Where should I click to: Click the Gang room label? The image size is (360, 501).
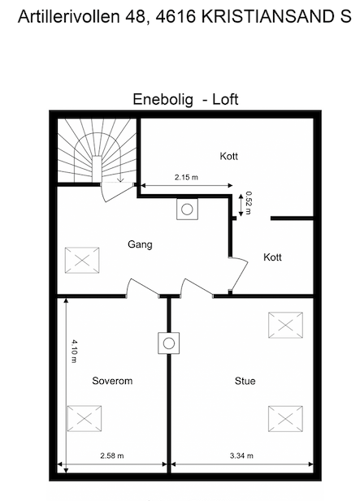click(140, 244)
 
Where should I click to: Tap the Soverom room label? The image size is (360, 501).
click(112, 380)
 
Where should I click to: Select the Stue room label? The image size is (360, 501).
click(245, 380)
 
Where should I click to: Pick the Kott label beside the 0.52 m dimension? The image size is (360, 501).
click(272, 257)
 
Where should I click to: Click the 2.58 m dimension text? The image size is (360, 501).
click(111, 456)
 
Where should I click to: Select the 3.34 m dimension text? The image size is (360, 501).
click(241, 456)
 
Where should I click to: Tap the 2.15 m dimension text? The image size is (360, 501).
click(187, 177)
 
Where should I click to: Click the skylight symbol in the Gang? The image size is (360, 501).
click(82, 261)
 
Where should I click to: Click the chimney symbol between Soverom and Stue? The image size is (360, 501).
click(169, 343)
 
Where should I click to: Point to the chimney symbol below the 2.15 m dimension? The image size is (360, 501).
click(186, 209)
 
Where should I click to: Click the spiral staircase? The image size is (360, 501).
click(97, 152)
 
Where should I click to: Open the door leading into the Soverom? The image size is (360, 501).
click(141, 287)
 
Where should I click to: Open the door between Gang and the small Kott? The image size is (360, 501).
click(236, 271)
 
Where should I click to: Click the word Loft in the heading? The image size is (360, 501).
click(225, 100)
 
